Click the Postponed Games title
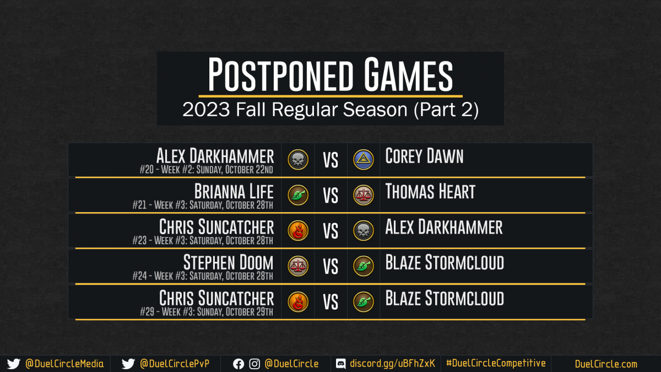click(330, 74)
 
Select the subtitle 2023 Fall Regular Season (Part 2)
click(330, 110)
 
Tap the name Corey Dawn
click(424, 156)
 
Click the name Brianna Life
click(234, 192)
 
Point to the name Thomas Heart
click(430, 192)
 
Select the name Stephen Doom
click(229, 262)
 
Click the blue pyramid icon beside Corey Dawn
click(363, 160)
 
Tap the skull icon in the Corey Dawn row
click(298, 160)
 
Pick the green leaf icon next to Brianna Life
click(298, 195)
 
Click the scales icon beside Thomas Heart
click(363, 195)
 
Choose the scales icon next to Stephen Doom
click(298, 266)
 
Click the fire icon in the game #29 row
click(298, 302)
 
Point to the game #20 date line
click(206, 170)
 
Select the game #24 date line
click(203, 276)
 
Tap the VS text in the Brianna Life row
click(330, 196)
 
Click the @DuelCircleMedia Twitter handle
click(64, 364)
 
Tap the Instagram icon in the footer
click(254, 364)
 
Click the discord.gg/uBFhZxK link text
click(392, 364)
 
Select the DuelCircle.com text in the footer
click(606, 364)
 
